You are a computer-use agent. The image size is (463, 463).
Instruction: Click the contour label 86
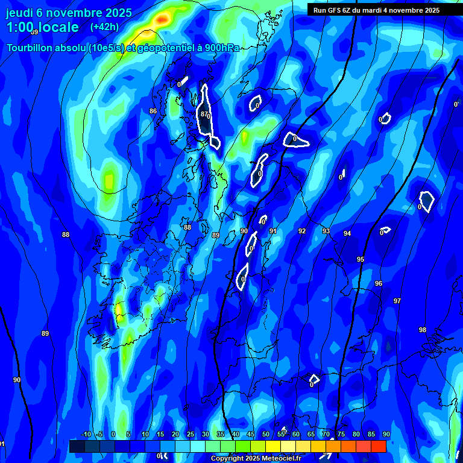tap(153, 112)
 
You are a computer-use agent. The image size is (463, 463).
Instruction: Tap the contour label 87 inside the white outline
tap(204, 114)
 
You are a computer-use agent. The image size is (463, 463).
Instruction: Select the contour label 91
tap(273, 231)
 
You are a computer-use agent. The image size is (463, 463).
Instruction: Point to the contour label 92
tap(302, 231)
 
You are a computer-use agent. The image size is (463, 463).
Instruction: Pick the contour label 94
tap(347, 233)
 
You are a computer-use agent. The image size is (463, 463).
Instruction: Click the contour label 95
tap(361, 259)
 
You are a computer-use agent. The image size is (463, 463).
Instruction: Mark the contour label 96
tap(379, 283)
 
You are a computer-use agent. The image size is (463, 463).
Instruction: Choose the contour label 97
tap(397, 301)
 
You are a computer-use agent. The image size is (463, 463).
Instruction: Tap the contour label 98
tap(423, 330)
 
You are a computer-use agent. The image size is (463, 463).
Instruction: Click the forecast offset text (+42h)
tap(104, 27)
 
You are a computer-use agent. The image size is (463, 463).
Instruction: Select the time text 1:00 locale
tap(42, 27)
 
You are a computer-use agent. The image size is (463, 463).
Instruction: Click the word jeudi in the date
tap(19, 12)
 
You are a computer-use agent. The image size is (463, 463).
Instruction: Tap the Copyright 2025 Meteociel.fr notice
tap(255, 459)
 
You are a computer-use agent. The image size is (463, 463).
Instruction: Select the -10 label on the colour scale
tap(86, 435)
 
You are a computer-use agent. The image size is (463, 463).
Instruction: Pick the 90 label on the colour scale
tap(386, 435)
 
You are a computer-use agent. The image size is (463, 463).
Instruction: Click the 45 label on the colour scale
tap(250, 435)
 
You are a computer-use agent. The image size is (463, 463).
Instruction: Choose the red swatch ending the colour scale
tap(378, 446)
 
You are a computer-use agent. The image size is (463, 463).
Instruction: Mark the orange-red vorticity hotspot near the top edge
tap(162, 20)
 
